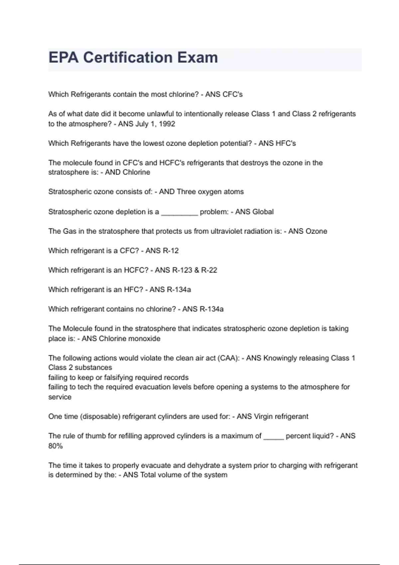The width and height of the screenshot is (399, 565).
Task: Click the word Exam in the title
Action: click(x=198, y=57)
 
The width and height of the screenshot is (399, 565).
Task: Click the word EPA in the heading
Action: click(x=64, y=57)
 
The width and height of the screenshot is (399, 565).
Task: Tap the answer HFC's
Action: click(x=286, y=144)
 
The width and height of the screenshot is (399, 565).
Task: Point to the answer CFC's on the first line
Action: click(x=232, y=94)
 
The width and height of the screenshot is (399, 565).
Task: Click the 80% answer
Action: click(x=56, y=446)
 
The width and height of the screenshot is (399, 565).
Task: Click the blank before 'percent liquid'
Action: click(x=273, y=437)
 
